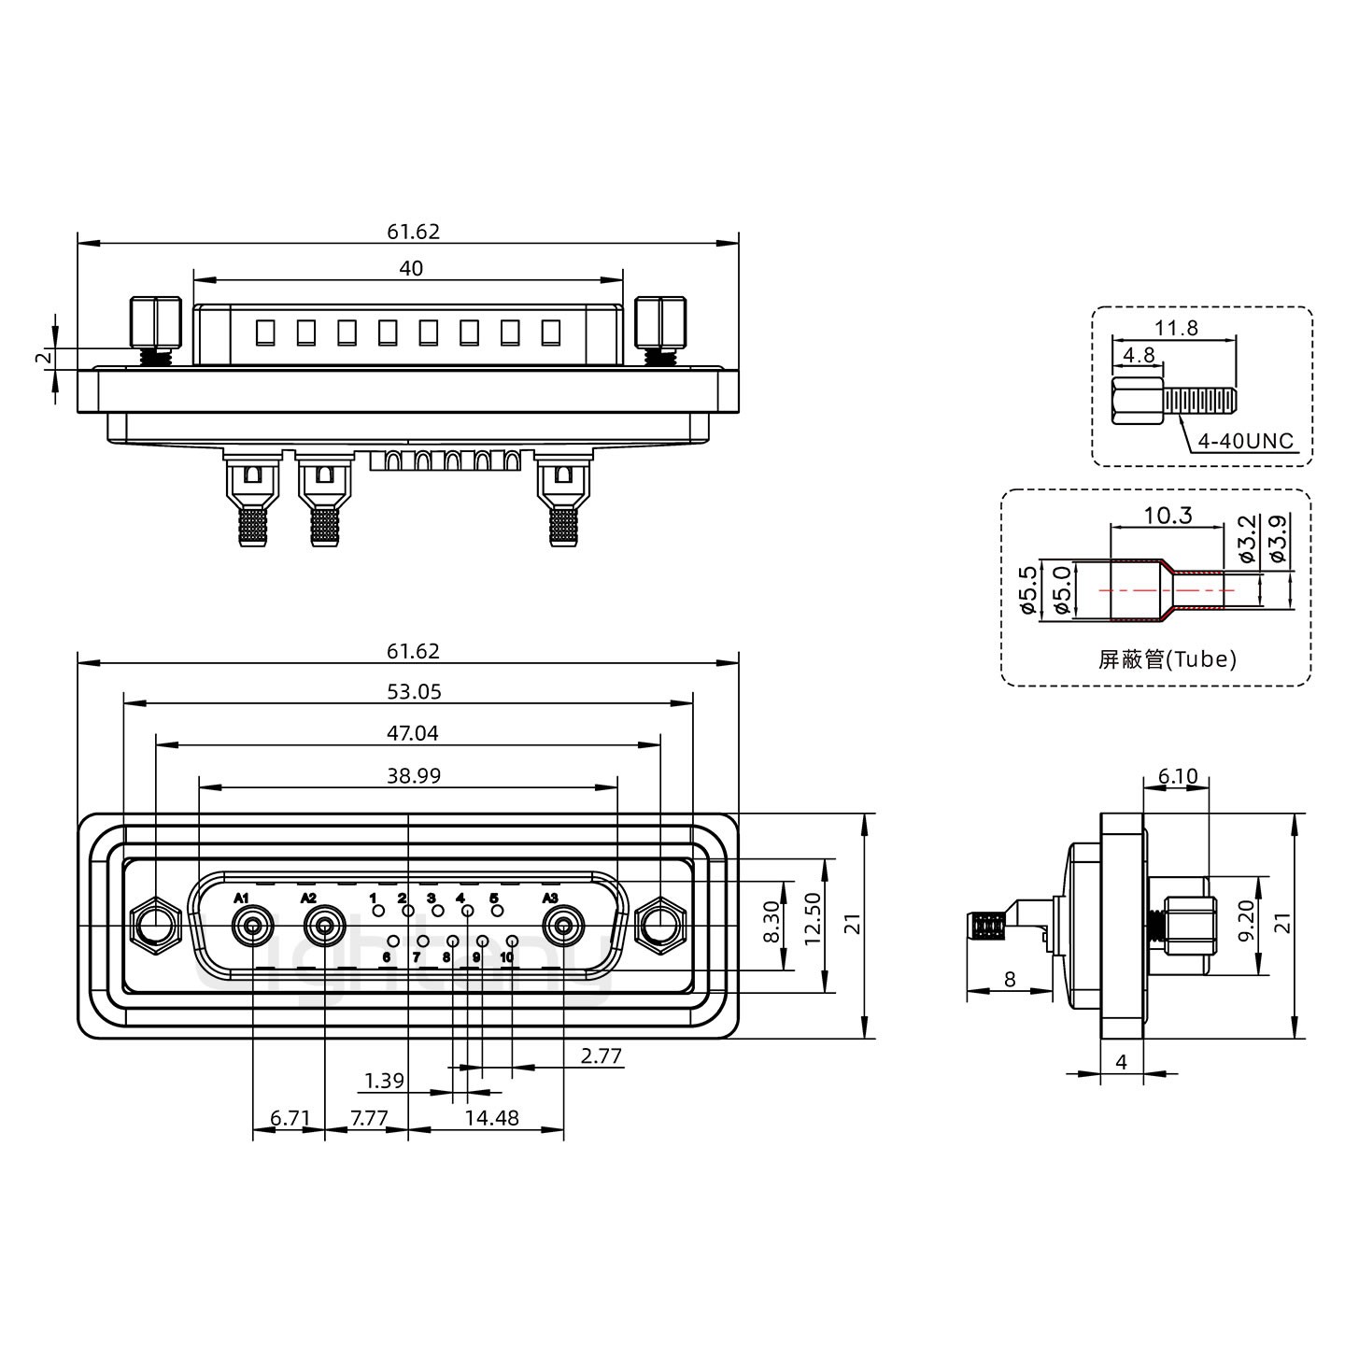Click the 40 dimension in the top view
(x=411, y=269)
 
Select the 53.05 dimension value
(x=413, y=692)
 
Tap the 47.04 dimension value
(x=413, y=734)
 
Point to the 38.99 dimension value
(x=413, y=776)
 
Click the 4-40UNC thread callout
(x=1246, y=440)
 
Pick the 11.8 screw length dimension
(x=1175, y=329)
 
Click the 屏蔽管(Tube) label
(x=1167, y=659)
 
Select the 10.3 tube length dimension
(x=1168, y=516)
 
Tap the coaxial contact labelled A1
(x=252, y=927)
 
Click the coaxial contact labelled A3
(x=563, y=927)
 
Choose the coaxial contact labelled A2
(x=324, y=927)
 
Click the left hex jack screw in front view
(x=156, y=927)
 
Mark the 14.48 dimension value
(x=492, y=1117)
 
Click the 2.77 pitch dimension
(x=601, y=1056)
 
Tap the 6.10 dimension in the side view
(x=1176, y=776)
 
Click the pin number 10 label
(x=507, y=957)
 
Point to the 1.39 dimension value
(x=384, y=1082)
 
